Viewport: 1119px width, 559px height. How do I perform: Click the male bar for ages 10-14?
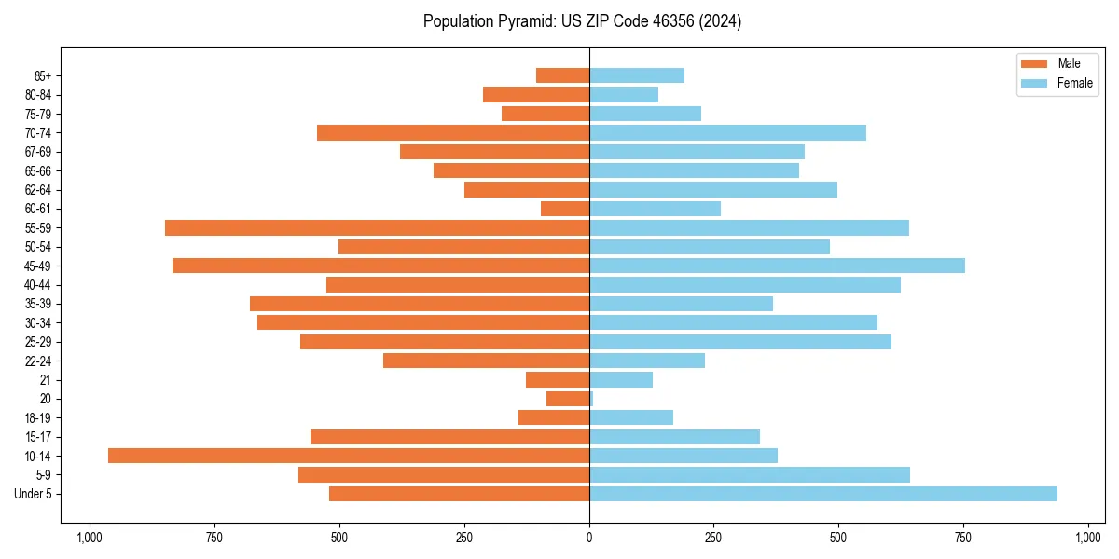tap(349, 456)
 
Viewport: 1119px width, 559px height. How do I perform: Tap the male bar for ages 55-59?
tap(377, 227)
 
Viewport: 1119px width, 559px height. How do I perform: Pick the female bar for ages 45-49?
tap(777, 266)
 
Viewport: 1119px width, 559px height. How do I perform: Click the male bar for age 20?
tap(568, 399)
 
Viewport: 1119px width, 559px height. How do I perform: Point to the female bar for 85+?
tap(637, 75)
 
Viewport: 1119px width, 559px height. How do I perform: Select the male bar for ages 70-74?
tap(453, 132)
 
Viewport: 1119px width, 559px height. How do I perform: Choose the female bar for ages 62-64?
tap(713, 189)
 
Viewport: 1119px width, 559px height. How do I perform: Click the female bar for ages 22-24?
tap(647, 361)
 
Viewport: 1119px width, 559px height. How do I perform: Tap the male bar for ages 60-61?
tap(565, 209)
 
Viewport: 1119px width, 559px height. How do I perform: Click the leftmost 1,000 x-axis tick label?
tap(90, 538)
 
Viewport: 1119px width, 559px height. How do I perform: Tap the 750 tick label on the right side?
tap(963, 538)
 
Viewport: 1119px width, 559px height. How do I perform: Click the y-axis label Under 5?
tap(34, 494)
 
